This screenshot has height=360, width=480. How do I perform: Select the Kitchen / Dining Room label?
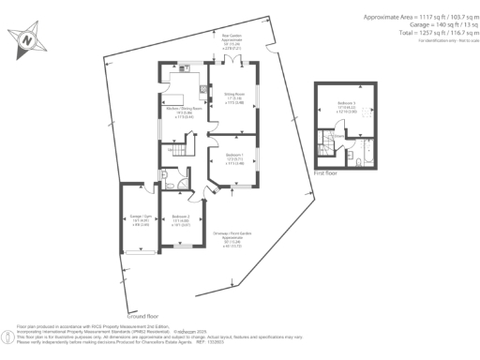[x=185, y=112]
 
